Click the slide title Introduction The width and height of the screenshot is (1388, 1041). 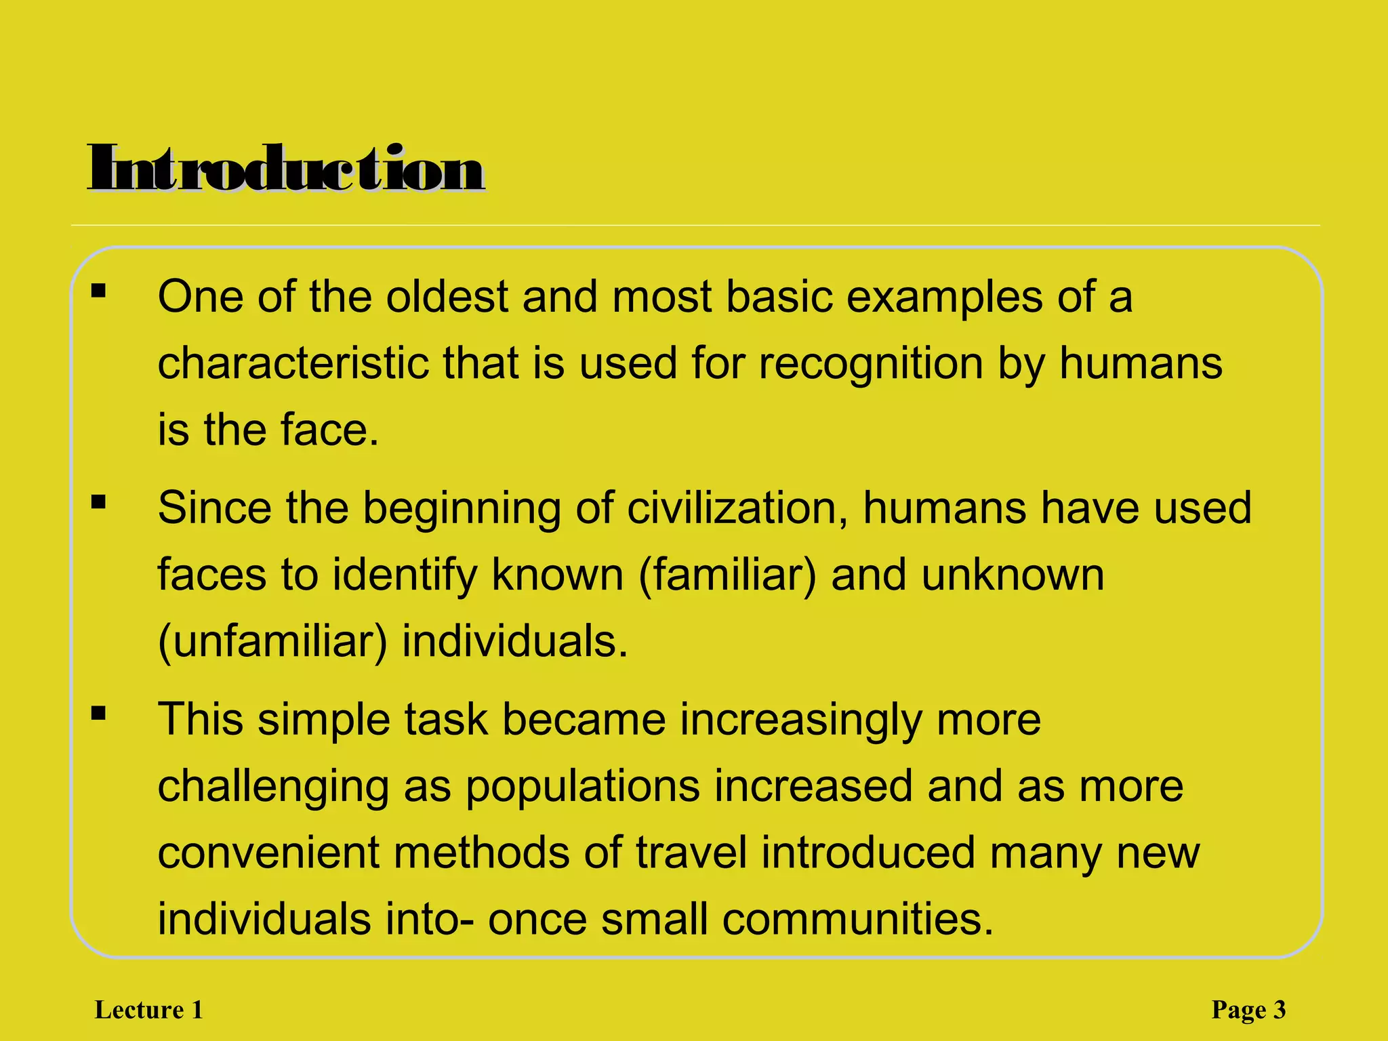pos(286,169)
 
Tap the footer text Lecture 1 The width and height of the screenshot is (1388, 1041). pos(149,1010)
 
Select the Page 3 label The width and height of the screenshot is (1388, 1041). pos(1248,1010)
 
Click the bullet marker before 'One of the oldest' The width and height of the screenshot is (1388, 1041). pos(99,291)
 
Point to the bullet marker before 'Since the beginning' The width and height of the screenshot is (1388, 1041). pos(99,502)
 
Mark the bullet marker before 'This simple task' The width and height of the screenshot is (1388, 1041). pos(99,713)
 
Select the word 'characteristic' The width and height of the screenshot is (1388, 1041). pos(293,363)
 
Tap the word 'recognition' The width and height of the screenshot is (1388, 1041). pos(871,363)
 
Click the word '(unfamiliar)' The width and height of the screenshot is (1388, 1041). pos(272,641)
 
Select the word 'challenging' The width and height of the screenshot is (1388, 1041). pos(273,786)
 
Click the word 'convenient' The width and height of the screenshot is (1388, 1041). pos(268,853)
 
